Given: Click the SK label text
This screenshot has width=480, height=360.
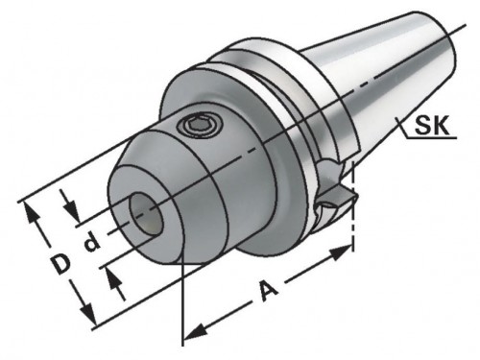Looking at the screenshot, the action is point(432,126).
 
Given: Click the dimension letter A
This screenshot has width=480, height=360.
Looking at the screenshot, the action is point(268,291).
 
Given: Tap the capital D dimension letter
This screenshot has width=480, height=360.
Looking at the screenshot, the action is point(61,264).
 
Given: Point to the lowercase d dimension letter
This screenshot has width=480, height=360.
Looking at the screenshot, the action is point(91,242).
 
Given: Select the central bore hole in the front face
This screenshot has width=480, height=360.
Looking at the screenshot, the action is point(146,214).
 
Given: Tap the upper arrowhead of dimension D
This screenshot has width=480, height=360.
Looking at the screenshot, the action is point(31,213).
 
